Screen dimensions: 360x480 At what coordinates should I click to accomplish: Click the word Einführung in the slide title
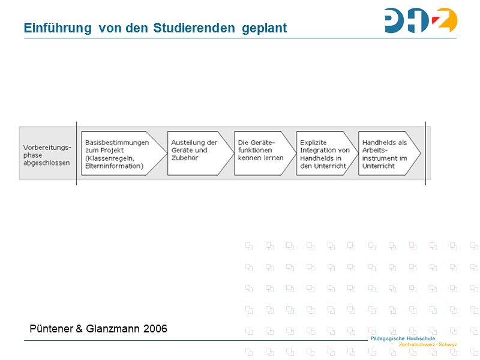point(58,28)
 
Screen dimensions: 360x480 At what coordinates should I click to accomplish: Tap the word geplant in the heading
point(264,28)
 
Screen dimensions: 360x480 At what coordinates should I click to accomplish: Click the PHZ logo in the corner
point(421,20)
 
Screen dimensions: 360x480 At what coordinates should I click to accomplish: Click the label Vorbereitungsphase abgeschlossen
point(47,154)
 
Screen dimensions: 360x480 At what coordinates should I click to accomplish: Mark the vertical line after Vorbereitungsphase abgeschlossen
point(77,154)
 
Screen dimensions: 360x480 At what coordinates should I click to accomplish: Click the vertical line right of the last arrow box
point(425,154)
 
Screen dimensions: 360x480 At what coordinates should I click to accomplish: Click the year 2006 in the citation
point(155,329)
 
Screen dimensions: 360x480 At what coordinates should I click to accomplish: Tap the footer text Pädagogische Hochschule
point(403,339)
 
